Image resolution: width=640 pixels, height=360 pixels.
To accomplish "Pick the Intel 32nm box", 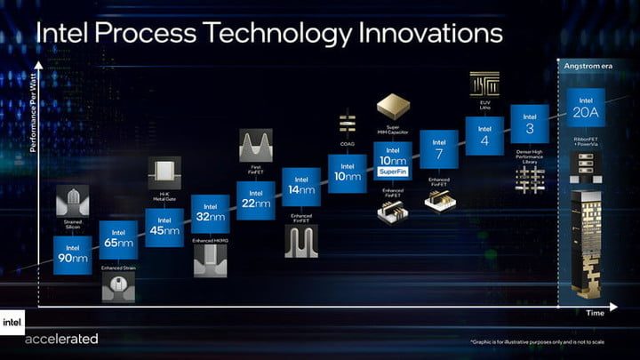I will pos(210,213).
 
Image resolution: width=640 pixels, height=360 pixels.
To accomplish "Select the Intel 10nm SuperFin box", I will pos(392,161).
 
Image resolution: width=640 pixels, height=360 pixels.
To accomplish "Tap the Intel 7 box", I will pos(438,148).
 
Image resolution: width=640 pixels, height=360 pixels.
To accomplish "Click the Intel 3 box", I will pos(530,123).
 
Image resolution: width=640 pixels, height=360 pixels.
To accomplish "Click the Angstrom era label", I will pos(586,67).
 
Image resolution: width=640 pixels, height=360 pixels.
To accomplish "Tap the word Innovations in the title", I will pos(420,34).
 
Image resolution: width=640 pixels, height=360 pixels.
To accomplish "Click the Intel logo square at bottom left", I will pos(12,324).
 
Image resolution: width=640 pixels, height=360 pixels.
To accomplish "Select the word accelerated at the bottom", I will pos(61,339).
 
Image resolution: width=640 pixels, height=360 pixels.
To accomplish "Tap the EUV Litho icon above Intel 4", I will pos(484,87).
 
